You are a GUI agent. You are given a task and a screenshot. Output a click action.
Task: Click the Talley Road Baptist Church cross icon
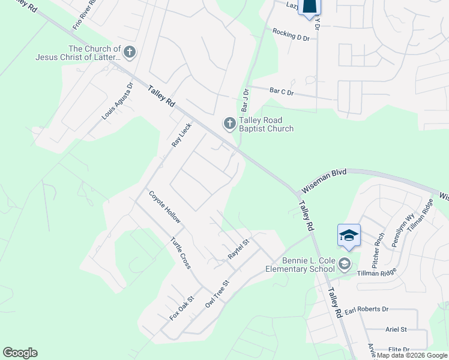[x=229, y=124]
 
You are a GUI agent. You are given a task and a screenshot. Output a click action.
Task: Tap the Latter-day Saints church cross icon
[x=130, y=52]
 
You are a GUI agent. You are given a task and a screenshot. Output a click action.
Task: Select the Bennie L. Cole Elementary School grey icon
[x=345, y=263]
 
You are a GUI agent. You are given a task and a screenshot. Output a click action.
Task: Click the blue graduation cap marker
[x=348, y=235]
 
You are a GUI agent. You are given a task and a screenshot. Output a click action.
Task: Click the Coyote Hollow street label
[x=164, y=208]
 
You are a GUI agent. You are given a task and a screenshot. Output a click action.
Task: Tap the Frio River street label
[x=85, y=16]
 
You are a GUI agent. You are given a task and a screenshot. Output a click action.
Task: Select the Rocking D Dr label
[x=291, y=34]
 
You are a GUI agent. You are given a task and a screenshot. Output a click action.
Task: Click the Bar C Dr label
[x=282, y=92]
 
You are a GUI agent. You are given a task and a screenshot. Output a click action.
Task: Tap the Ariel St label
[x=396, y=329]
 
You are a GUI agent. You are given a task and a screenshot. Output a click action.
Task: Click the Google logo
[x=20, y=353]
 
